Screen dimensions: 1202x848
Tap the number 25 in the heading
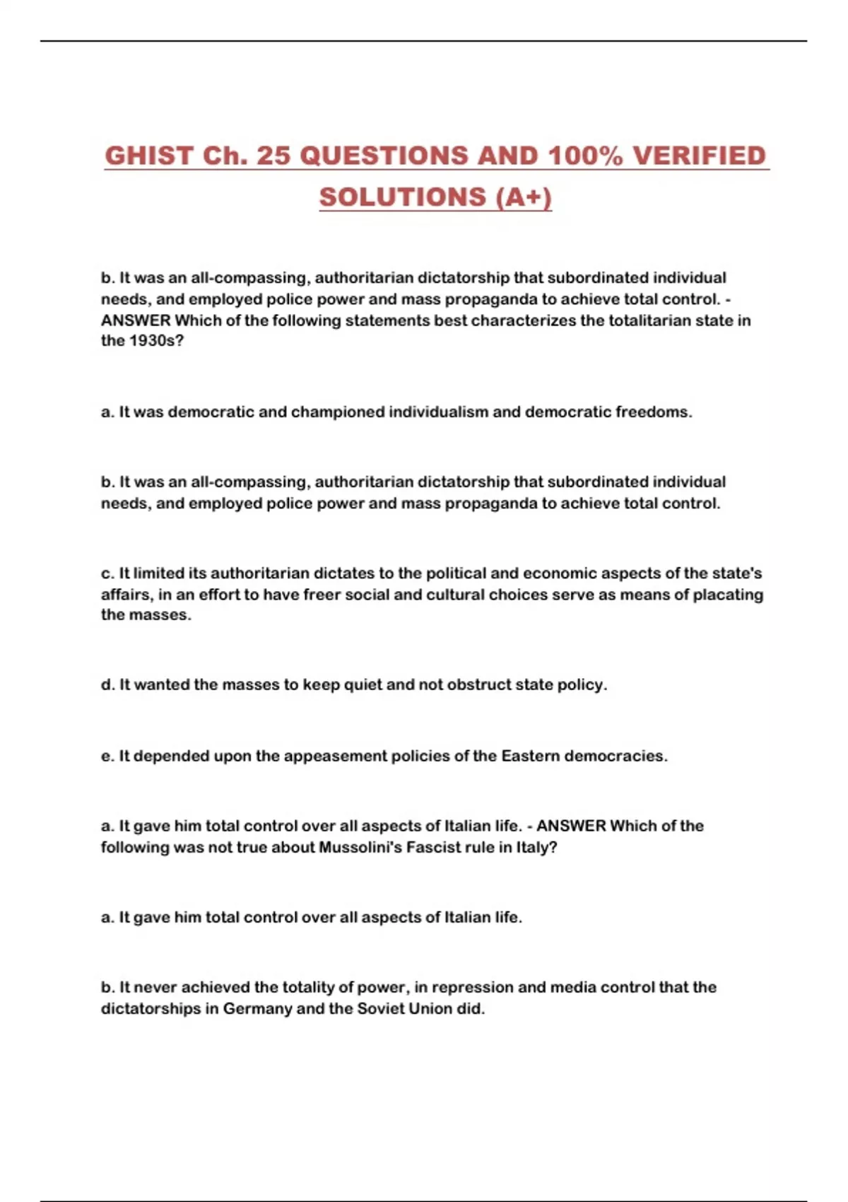[273, 156]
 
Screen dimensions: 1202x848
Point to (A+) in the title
[524, 197]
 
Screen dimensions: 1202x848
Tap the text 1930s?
[156, 341]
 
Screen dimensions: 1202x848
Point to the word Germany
[257, 1009]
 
